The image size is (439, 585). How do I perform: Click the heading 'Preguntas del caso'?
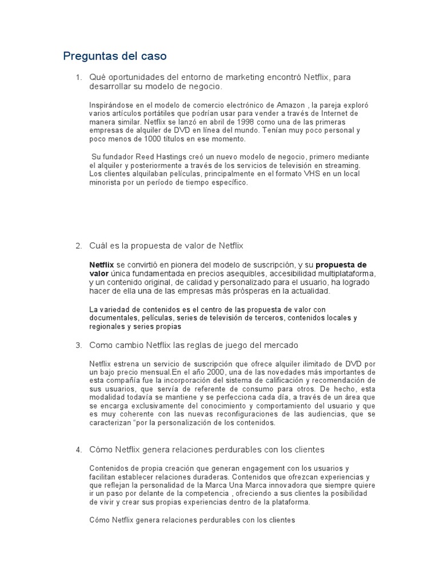[114, 57]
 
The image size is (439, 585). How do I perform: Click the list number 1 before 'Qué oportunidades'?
[78, 77]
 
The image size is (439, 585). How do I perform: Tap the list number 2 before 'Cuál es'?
[78, 246]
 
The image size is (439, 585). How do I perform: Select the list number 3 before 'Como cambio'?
[78, 345]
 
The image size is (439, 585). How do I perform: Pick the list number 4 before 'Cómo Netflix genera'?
[78, 450]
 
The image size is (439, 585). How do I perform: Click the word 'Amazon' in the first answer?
[291, 105]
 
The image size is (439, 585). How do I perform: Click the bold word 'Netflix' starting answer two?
[102, 265]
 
